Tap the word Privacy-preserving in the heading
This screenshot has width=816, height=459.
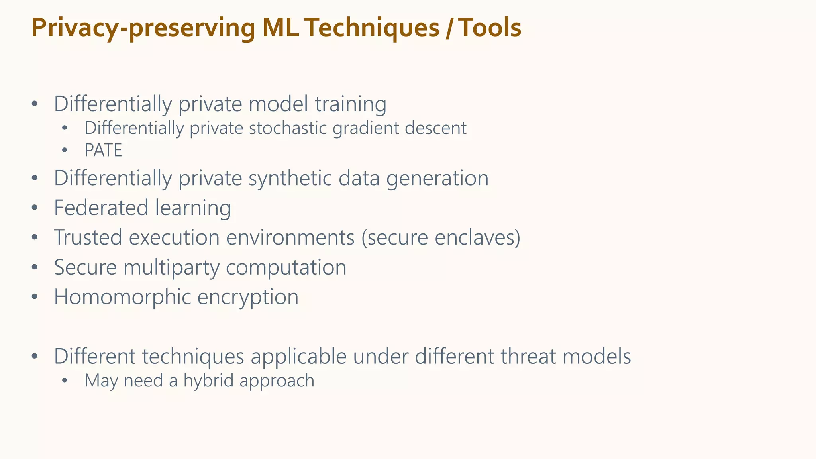pyautogui.click(x=143, y=29)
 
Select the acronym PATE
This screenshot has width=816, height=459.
pyautogui.click(x=103, y=151)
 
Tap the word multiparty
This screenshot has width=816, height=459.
pyautogui.click(x=171, y=268)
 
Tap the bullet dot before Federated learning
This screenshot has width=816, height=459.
pyautogui.click(x=35, y=208)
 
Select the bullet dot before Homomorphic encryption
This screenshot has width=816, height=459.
pyautogui.click(x=35, y=297)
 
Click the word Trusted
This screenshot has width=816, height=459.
pyautogui.click(x=88, y=237)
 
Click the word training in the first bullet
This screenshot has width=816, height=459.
pyautogui.click(x=350, y=104)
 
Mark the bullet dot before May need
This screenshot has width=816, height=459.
pyautogui.click(x=65, y=381)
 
